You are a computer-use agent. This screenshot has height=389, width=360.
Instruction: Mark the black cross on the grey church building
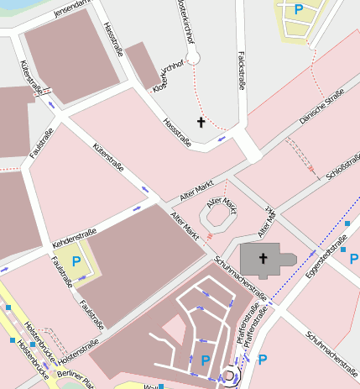(x=263, y=259)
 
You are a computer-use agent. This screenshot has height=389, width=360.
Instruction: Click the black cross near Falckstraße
(x=201, y=123)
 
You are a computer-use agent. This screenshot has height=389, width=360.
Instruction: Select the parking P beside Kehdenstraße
(x=76, y=261)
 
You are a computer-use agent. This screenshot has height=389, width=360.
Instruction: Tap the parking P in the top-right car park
(x=299, y=10)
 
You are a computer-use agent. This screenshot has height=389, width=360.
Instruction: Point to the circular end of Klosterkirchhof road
(x=193, y=57)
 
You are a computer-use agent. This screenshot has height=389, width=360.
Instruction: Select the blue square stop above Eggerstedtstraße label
(x=347, y=224)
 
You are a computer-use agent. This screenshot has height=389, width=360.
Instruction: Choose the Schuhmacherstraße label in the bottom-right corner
(x=332, y=349)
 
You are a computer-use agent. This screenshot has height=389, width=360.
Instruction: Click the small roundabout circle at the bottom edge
(x=227, y=376)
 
